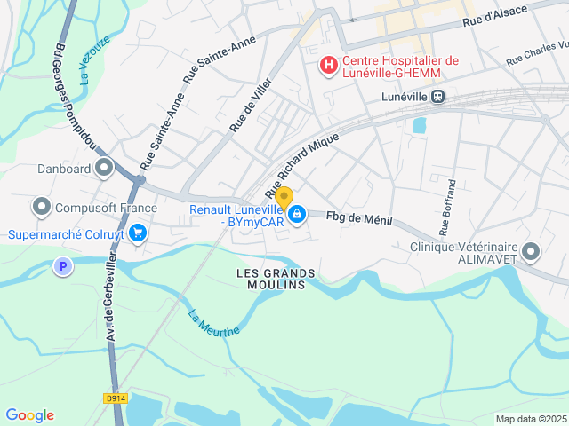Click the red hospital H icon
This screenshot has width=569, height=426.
pyautogui.click(x=328, y=65)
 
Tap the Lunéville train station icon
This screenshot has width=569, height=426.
pyautogui.click(x=437, y=96)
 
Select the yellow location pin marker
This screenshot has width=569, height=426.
pyautogui.click(x=284, y=199)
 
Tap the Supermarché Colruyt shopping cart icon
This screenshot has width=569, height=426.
pyautogui.click(x=137, y=233)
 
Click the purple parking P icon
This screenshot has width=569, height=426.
pyautogui.click(x=61, y=265)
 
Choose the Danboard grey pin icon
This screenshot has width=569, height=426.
pyautogui.click(x=105, y=167)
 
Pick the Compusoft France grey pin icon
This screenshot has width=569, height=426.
pyautogui.click(x=41, y=208)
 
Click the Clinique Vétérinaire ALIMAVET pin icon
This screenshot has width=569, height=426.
pyautogui.click(x=531, y=252)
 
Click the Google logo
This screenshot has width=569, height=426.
pyautogui.click(x=29, y=415)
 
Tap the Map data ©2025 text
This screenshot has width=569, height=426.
pyautogui.click(x=530, y=419)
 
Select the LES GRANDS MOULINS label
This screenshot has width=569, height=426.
pyautogui.click(x=271, y=278)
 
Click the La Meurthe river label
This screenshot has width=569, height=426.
pyautogui.click(x=213, y=322)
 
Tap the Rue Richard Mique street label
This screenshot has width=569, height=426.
pyautogui.click(x=302, y=166)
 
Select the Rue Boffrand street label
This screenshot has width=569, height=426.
pyautogui.click(x=450, y=201)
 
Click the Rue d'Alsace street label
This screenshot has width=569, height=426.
pyautogui.click(x=495, y=14)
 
